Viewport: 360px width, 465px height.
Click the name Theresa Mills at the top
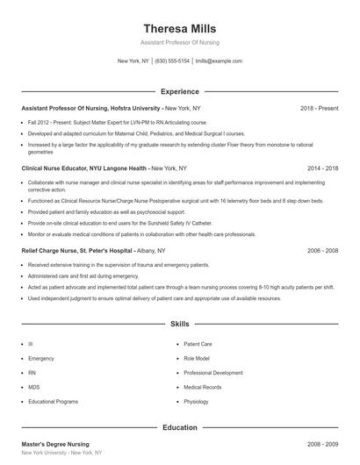180,29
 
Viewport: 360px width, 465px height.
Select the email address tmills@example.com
218,61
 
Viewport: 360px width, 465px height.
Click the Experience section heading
180,91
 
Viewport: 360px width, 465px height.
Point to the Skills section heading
180,324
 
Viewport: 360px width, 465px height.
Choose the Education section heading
180,427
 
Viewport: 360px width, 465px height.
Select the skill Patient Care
198,345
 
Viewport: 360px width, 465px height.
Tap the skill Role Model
197,359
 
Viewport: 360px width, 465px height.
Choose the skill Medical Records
203,387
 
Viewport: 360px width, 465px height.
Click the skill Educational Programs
54,401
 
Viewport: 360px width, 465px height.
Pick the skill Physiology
197,401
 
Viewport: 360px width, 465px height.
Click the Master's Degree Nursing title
55,444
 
